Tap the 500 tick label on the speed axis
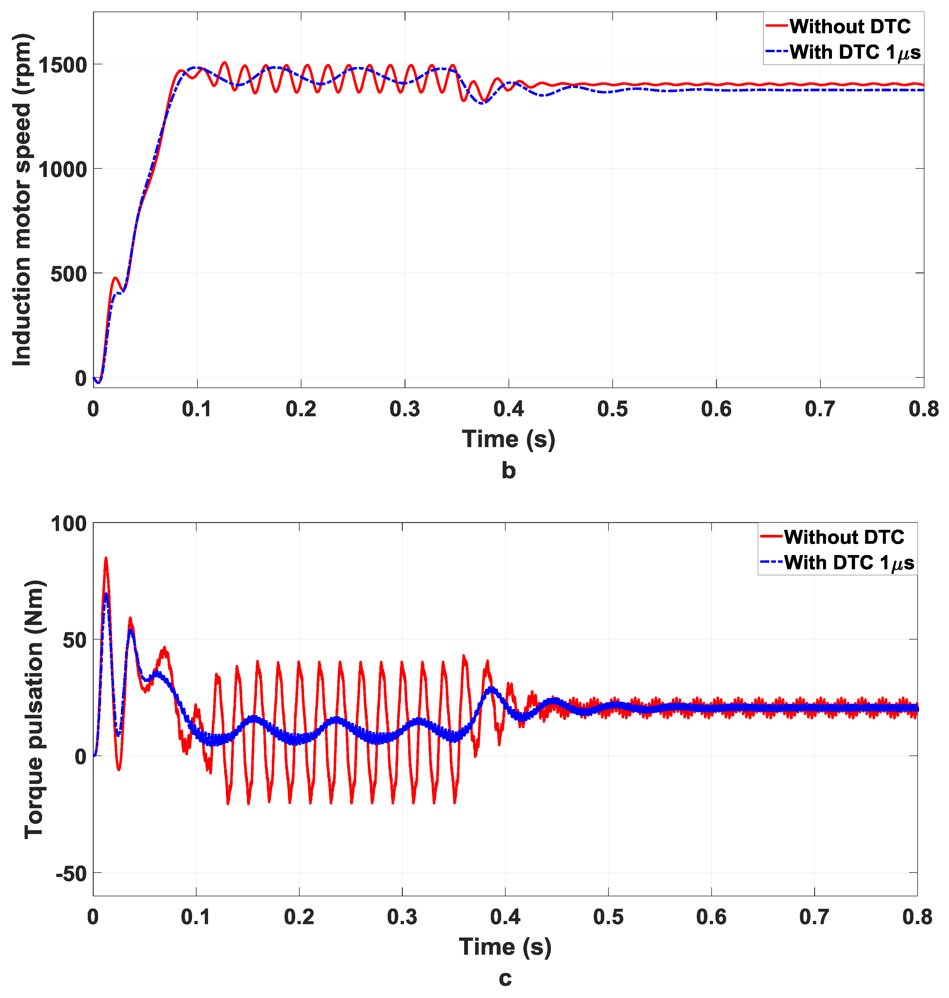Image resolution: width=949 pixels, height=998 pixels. pyautogui.click(x=68, y=274)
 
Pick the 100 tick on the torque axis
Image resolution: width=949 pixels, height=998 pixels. pyautogui.click(x=68, y=524)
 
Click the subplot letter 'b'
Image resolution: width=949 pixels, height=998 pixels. pyautogui.click(x=508, y=470)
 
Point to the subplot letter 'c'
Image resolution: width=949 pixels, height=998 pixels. pyautogui.click(x=505, y=978)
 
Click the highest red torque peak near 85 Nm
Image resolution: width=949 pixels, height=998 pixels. pyautogui.click(x=106, y=559)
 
